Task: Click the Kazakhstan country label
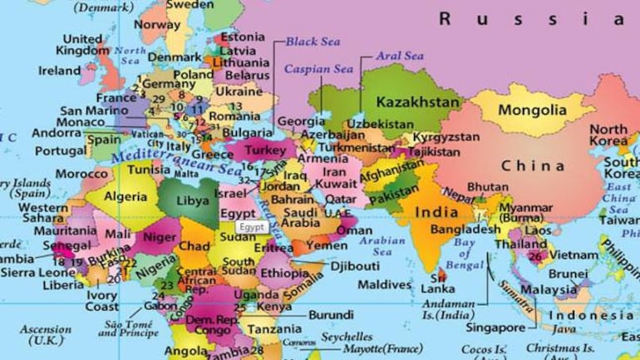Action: (418, 102)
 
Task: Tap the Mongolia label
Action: (533, 110)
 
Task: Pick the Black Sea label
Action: (313, 41)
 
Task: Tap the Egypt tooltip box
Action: (249, 226)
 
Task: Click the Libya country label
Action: (193, 201)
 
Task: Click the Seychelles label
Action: (347, 337)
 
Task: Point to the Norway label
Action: (157, 26)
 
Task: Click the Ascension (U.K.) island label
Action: (46, 334)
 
